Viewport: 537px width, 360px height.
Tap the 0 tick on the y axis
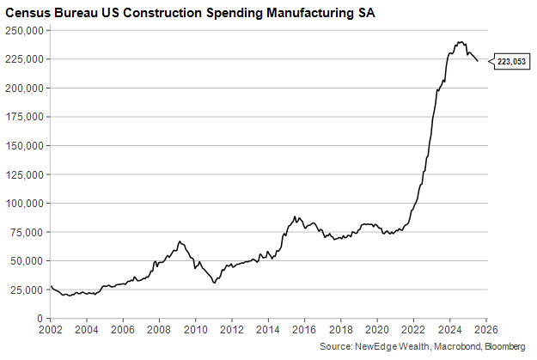point(40,318)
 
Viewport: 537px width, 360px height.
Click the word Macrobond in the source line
point(447,346)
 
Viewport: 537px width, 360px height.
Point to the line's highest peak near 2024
point(461,41)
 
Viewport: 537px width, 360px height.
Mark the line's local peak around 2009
point(180,241)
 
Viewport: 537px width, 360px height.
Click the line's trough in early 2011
point(214,283)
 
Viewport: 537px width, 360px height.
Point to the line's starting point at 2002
point(52,287)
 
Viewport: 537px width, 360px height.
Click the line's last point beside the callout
point(478,62)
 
